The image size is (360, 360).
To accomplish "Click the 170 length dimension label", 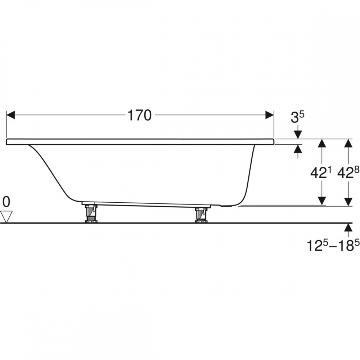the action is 139,115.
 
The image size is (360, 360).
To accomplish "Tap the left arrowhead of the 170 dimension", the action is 10,115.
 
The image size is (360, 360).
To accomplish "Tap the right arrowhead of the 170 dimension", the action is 270,115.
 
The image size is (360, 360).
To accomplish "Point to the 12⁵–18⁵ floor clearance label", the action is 333,245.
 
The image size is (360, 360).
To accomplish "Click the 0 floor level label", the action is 6,202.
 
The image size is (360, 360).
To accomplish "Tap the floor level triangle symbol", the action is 6,217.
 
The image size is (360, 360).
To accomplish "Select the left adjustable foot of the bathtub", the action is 91,213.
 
